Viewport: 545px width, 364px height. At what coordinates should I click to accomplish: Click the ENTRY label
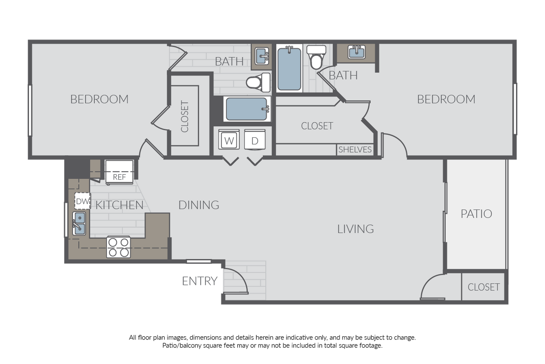[x=200, y=281]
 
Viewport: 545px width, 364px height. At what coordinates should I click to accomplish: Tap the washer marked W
[x=229, y=141]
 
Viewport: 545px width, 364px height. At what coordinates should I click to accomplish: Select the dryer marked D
[x=254, y=141]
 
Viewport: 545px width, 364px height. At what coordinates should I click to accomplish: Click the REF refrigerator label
[x=119, y=177]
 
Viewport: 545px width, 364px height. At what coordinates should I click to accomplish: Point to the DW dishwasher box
[x=82, y=201]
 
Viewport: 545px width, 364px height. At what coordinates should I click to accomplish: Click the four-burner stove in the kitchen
[x=119, y=247]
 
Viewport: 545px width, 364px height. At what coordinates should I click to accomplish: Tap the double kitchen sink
[x=80, y=224]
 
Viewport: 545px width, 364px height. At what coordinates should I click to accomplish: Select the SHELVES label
[x=355, y=150]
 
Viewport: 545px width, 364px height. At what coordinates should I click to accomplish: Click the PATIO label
[x=476, y=214]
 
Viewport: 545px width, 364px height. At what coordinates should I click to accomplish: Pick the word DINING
[x=199, y=205]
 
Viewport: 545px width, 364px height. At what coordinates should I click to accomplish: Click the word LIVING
[x=355, y=229]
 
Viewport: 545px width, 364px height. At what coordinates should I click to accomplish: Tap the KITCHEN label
[x=120, y=205]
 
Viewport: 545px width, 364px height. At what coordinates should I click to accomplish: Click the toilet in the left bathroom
[x=258, y=82]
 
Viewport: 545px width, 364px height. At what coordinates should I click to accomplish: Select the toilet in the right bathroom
[x=316, y=57]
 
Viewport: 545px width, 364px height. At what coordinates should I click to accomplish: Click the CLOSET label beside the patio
[x=483, y=287]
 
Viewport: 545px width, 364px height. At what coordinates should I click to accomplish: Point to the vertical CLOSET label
[x=185, y=117]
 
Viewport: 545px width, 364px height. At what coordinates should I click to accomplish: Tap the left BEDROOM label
[x=99, y=99]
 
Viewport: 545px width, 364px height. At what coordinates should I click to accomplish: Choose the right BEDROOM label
[x=446, y=99]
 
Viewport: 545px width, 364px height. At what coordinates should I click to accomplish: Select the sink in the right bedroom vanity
[x=356, y=52]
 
